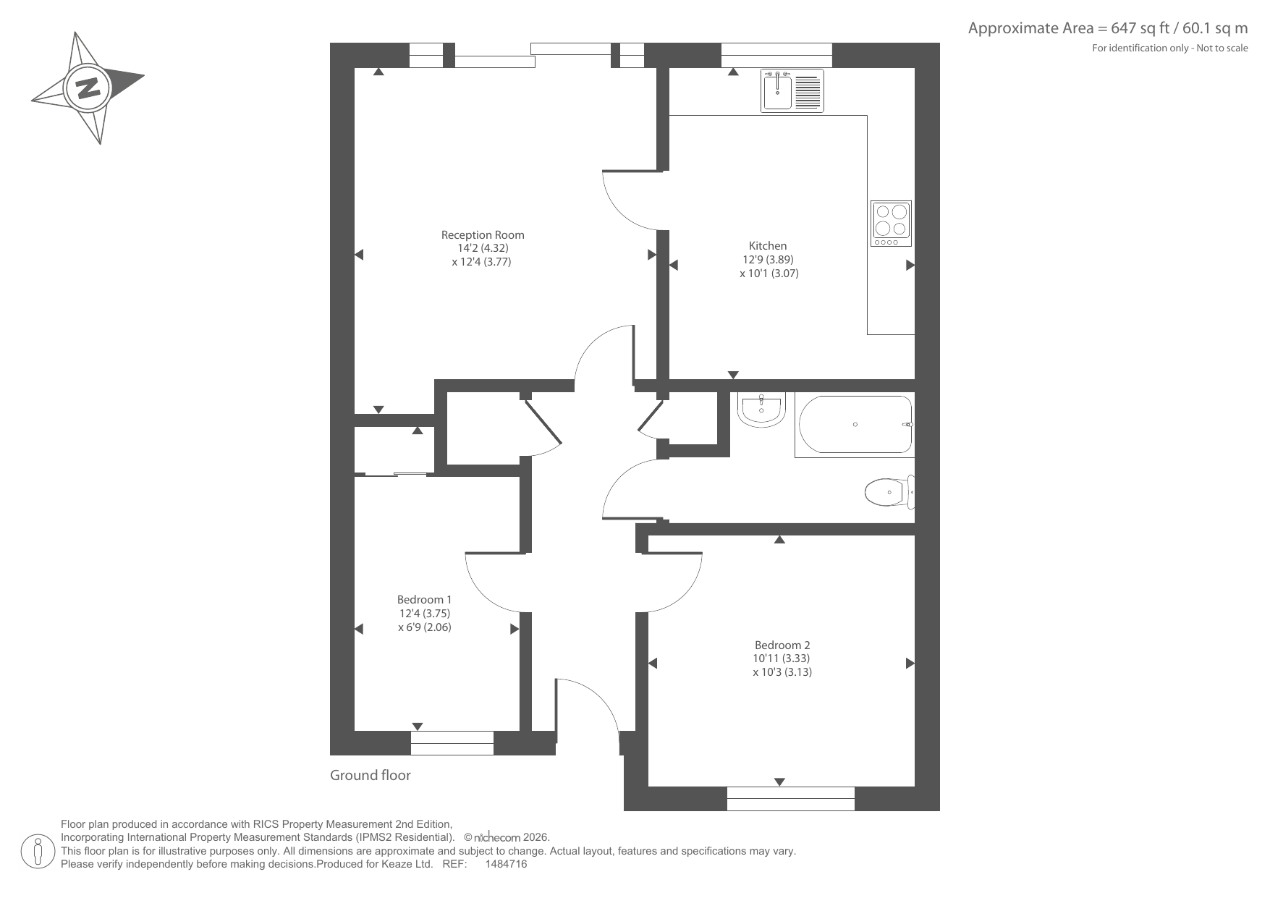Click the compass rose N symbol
[88, 88]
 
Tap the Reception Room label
[483, 234]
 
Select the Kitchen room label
[768, 245]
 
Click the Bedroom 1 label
[424, 599]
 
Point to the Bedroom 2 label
[782, 645]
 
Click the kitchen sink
[792, 90]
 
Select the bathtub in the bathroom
[855, 425]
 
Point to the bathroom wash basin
[761, 410]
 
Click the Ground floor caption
[371, 775]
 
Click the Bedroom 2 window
[791, 798]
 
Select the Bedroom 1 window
[452, 743]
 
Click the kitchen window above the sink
[776, 55]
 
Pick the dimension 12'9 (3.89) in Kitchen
[769, 259]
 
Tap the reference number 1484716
[506, 864]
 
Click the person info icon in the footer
[38, 851]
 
